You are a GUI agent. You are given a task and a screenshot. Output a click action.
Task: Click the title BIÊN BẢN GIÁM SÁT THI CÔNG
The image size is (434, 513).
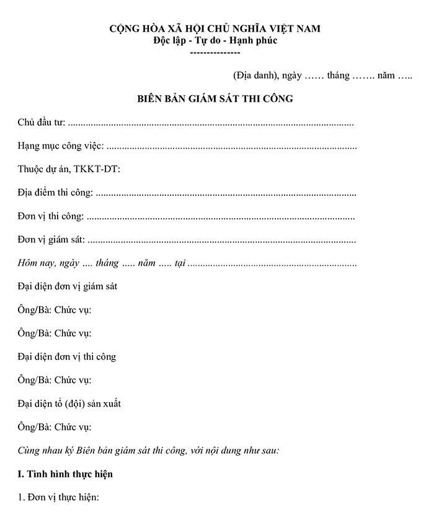pos(215,99)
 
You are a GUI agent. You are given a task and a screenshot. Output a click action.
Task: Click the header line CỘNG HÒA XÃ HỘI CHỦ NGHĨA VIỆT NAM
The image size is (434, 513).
pos(215,29)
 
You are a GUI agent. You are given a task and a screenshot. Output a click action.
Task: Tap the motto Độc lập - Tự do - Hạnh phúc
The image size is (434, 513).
pos(215,41)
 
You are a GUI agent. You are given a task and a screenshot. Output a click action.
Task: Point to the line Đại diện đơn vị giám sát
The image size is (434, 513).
pos(68,286)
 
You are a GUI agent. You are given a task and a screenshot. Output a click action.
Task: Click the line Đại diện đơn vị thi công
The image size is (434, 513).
pos(67,357)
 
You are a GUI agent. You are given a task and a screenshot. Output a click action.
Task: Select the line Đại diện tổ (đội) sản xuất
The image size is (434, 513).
pos(69,403)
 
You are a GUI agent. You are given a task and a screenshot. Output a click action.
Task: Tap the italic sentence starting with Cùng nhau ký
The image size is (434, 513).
pos(148,450)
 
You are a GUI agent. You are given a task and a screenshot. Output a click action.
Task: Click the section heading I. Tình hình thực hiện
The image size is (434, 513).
pos(66,475)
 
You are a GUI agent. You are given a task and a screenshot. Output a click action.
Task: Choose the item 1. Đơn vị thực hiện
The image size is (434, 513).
pos(59,498)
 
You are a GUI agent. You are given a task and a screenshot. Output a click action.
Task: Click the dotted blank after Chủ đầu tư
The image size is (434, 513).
pos(211,123)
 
